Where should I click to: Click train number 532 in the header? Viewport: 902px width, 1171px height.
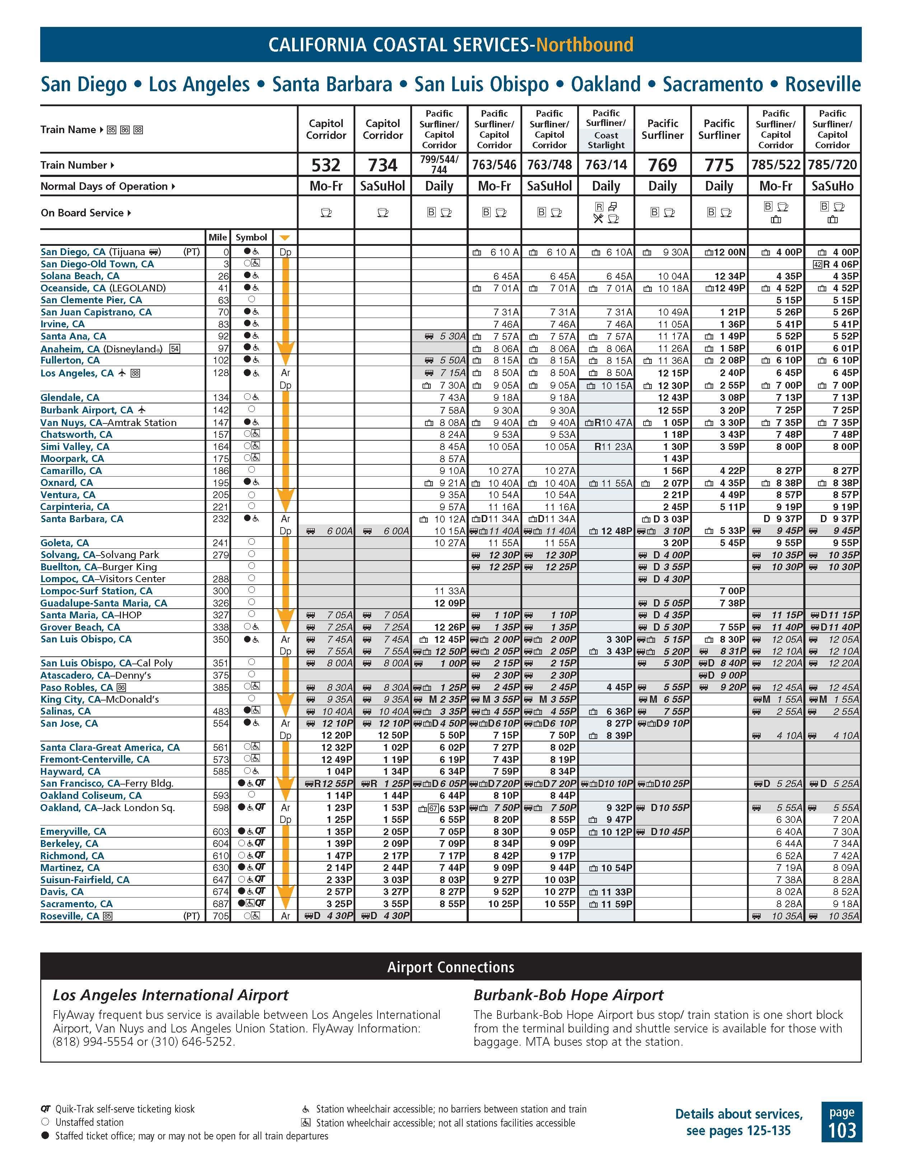(326, 165)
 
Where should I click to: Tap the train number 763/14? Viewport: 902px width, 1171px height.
(606, 165)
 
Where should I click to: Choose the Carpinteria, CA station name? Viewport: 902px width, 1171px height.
(75, 507)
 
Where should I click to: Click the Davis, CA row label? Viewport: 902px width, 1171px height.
(62, 892)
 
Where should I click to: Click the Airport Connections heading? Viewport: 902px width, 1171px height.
(450, 967)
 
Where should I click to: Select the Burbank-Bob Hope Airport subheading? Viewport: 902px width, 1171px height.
(569, 995)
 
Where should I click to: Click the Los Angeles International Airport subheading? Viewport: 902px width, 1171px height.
(170, 995)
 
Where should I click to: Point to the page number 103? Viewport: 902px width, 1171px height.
(841, 1130)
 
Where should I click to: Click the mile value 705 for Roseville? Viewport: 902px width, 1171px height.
(221, 916)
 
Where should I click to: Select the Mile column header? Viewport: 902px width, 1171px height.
(218, 237)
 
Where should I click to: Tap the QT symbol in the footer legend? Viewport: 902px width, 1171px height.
(46, 1109)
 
